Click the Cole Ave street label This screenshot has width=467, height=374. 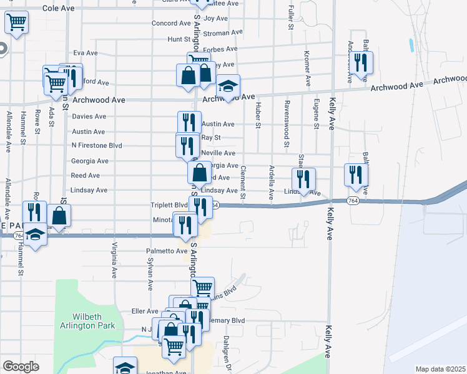click(59, 9)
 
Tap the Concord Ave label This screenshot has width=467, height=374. click(170, 24)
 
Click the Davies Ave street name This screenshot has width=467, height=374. click(89, 117)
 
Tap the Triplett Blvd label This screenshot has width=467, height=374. click(169, 205)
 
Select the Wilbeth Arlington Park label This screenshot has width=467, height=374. click(87, 320)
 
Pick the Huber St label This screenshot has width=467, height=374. click(257, 116)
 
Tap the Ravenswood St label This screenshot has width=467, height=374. click(287, 125)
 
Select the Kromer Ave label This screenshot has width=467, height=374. click(307, 69)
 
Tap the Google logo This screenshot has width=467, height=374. click(21, 367)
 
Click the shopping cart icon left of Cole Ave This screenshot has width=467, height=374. click(17, 22)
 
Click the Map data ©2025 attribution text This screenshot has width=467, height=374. click(440, 369)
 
